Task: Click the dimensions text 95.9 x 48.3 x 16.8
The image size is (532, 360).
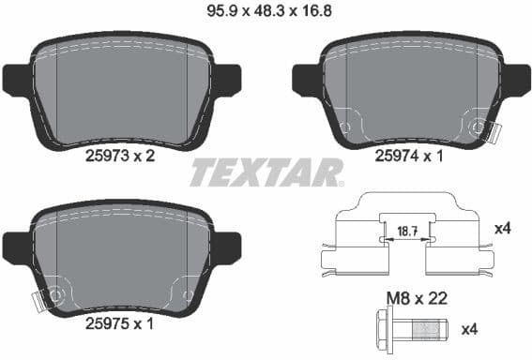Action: (265, 12)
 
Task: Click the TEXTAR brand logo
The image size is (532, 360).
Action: (266, 173)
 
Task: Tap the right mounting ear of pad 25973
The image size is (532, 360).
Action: (228, 80)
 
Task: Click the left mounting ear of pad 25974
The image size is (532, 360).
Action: (306, 80)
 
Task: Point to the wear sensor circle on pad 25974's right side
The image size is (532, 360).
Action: (479, 128)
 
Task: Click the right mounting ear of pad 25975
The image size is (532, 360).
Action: (228, 249)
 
